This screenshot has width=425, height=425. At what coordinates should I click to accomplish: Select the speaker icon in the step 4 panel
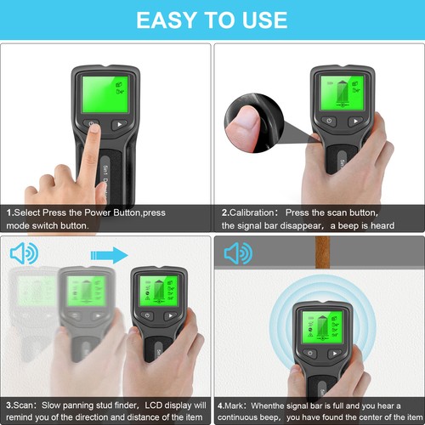(238, 253)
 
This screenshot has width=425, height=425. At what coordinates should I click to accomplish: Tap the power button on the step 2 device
(330, 123)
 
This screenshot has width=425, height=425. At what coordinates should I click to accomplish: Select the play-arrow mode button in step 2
(355, 122)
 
